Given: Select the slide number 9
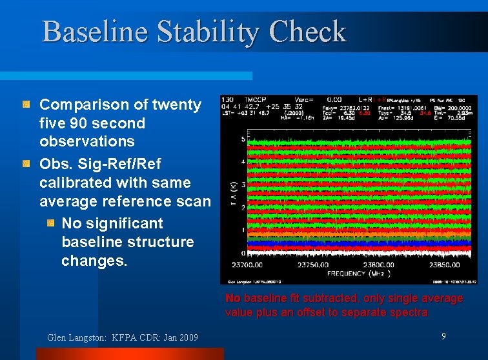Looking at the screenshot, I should pos(443,335).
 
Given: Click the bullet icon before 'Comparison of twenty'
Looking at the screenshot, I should pos(26,104).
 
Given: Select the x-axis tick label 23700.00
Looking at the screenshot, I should pos(246,265).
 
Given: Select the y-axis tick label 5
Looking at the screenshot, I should pos(243,139).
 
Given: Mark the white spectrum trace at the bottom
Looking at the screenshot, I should pos(361,259).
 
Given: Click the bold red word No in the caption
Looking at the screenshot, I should pos(232,299).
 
